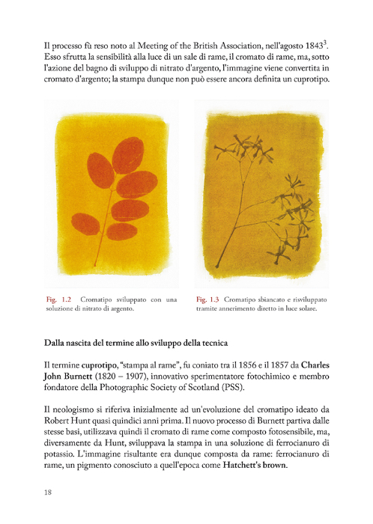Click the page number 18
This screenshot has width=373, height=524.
(47, 492)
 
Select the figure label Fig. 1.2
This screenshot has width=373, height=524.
(57, 299)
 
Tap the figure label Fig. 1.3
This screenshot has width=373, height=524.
(207, 299)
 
